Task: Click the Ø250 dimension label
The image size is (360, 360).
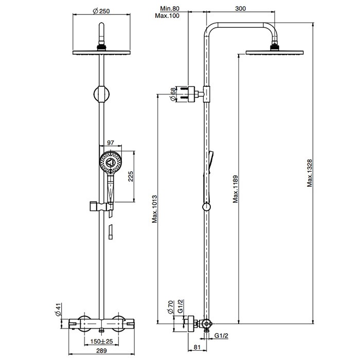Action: [x=101, y=11]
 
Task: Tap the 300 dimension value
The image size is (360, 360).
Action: [x=240, y=9]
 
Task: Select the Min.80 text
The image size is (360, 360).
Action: [x=170, y=9]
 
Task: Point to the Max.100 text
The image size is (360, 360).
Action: [x=167, y=15]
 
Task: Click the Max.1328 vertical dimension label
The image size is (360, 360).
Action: [x=310, y=173]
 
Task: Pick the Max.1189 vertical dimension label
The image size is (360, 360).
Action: [x=236, y=189]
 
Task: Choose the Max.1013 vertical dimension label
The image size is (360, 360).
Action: [x=154, y=209]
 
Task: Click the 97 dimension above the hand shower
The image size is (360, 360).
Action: [x=111, y=142]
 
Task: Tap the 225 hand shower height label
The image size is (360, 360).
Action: [x=131, y=176]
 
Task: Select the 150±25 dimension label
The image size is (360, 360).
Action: [x=101, y=341]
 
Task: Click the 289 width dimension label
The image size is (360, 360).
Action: [x=101, y=351]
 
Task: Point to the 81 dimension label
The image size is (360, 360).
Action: [x=197, y=347]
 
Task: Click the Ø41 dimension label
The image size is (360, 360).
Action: [x=58, y=310]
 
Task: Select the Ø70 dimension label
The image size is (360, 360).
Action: [x=170, y=307]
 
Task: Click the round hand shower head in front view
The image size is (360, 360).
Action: [x=111, y=163]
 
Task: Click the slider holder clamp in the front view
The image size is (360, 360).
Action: [x=101, y=207]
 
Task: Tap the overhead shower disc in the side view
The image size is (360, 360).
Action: [x=275, y=52]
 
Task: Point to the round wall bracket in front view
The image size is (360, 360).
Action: [x=101, y=94]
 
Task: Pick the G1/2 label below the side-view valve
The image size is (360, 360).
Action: [x=221, y=336]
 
